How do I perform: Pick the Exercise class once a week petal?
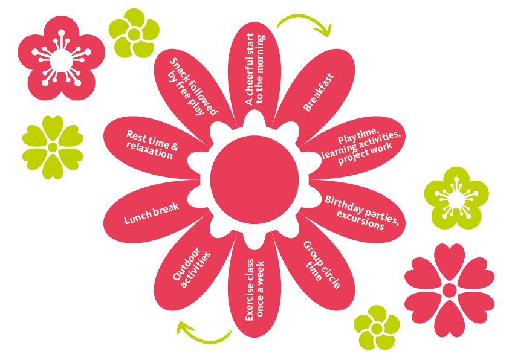click(x=254, y=290)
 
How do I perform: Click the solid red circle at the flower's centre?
click(x=254, y=177)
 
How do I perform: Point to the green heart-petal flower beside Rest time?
click(x=53, y=147)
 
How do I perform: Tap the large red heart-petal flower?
click(x=449, y=291)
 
